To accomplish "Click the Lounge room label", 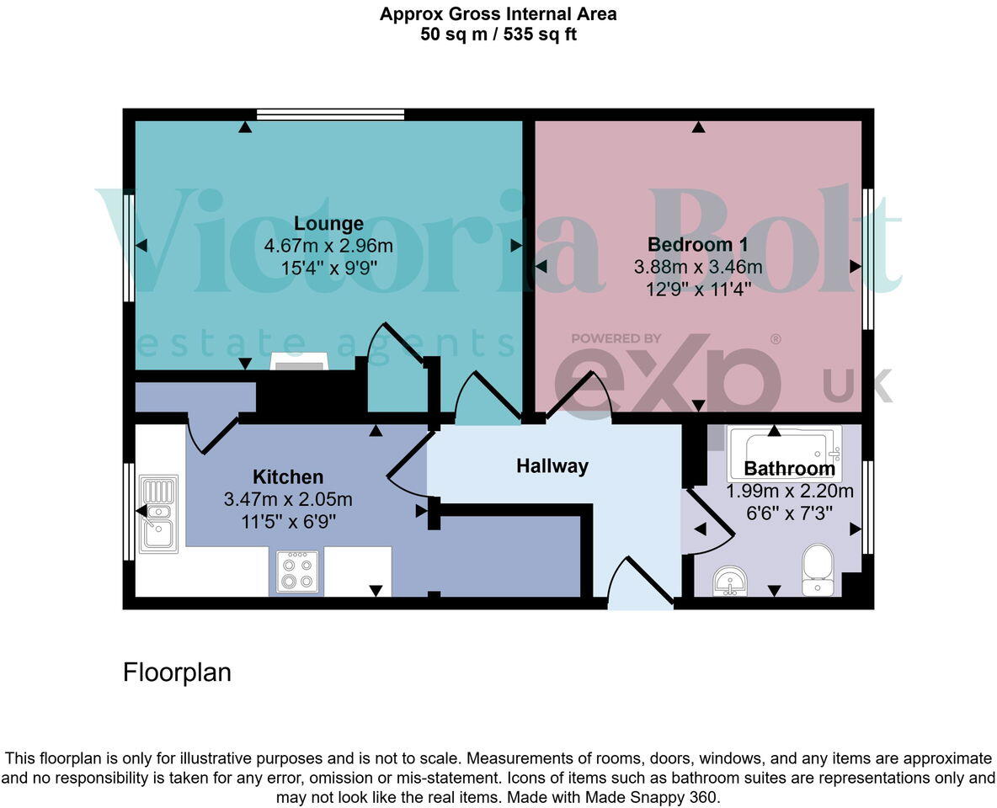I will (x=328, y=223).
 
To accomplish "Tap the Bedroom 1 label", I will (x=698, y=245).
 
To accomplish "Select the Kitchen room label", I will (x=288, y=477).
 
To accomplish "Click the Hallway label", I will (x=552, y=465).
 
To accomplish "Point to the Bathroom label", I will (x=789, y=469).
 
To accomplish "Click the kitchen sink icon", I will (x=159, y=513).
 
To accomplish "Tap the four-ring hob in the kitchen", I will (x=297, y=571).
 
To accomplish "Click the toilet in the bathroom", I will (x=818, y=569).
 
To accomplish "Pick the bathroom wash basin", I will (x=729, y=580).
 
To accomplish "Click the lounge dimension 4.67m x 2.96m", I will (x=328, y=246).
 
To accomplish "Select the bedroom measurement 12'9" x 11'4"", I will (x=698, y=289).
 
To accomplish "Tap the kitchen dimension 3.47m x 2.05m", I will (x=288, y=499).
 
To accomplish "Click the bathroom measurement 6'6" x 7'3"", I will (x=789, y=512).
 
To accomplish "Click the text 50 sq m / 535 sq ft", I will (x=498, y=35).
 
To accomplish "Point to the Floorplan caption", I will (x=177, y=672).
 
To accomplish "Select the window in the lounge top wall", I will (x=330, y=114).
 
